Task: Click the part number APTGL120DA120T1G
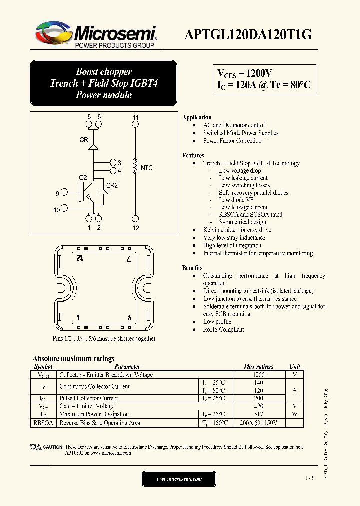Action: [x=248, y=34]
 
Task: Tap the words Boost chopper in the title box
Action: [x=104, y=72]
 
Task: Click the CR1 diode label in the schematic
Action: [x=85, y=140]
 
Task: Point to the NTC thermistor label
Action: [x=146, y=168]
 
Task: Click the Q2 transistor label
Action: [x=83, y=177]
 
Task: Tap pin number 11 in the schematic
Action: [x=135, y=117]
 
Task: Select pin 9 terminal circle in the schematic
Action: [x=64, y=193]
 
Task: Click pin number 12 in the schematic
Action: [x=135, y=228]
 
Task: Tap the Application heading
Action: [x=197, y=117]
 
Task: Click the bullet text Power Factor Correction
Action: [x=232, y=141]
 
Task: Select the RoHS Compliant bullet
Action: [x=223, y=330]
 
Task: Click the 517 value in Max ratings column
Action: [x=259, y=414]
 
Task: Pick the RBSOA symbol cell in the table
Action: [x=43, y=423]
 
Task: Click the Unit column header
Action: [x=295, y=367]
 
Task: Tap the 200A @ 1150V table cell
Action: [x=259, y=423]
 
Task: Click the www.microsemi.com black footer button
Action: [x=179, y=479]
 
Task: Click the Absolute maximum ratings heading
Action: [x=73, y=358]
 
